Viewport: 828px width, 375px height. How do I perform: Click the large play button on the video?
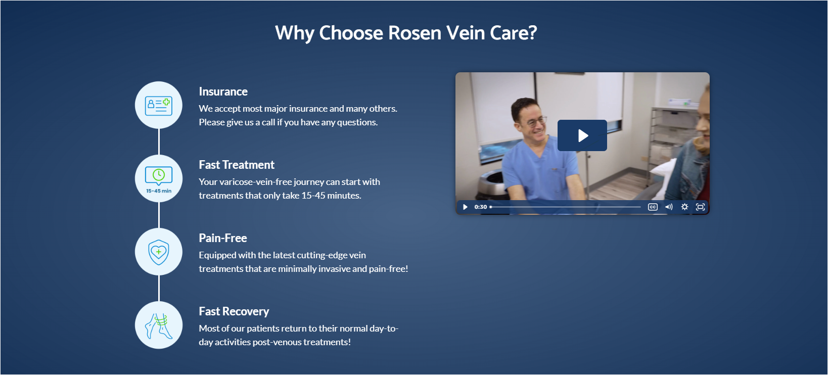[582, 135]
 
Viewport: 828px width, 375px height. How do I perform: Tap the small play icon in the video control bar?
[466, 207]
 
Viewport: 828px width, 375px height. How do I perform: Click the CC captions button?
[653, 207]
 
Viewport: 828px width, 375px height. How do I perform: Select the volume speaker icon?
[669, 207]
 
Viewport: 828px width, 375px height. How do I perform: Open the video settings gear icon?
[684, 207]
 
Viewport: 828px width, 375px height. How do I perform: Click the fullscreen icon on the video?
[701, 207]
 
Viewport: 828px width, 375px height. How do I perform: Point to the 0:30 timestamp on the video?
[481, 207]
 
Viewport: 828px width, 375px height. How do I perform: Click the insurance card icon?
[159, 106]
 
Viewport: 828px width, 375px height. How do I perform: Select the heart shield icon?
[159, 252]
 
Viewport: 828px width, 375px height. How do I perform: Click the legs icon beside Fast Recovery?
[159, 325]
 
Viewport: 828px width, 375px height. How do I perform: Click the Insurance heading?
[223, 91]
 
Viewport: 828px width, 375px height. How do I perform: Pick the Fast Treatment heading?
[237, 165]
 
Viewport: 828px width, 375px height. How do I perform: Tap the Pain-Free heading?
[223, 238]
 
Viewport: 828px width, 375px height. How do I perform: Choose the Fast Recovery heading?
[234, 311]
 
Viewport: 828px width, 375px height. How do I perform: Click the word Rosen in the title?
[415, 33]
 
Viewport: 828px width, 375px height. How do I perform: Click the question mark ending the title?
[533, 32]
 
